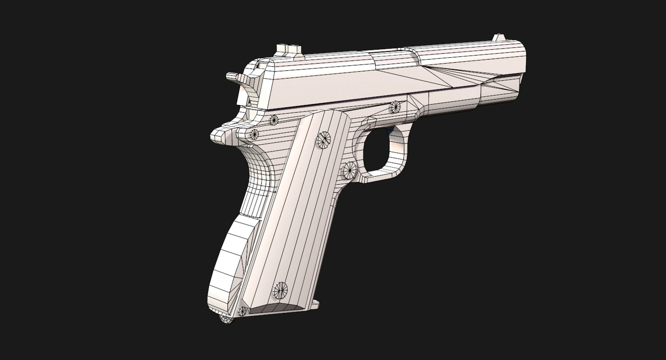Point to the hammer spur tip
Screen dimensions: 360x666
click(231, 76)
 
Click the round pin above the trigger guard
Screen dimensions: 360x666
click(395, 107)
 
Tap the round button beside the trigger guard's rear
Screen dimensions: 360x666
click(350, 170)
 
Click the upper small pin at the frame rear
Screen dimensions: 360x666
click(274, 120)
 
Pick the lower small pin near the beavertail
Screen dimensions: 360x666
click(254, 133)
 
